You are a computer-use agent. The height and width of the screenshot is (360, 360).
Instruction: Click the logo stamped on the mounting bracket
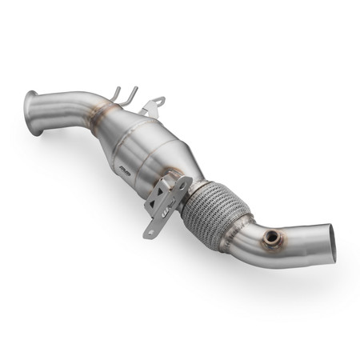point(167,215)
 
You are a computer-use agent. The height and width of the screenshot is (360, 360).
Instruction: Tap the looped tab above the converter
point(157,103)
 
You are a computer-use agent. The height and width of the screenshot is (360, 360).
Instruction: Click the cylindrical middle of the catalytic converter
point(144,144)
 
